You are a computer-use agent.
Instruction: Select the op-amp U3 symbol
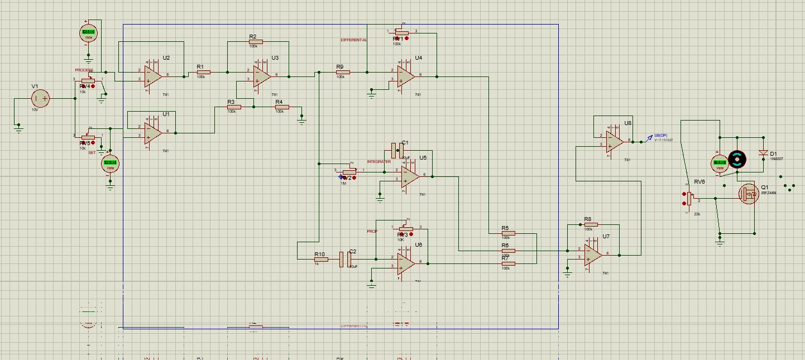click(x=261, y=75)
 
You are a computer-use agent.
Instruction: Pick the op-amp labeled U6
click(x=407, y=263)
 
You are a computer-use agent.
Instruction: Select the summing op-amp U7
click(x=593, y=255)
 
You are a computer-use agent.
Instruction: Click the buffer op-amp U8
click(x=615, y=141)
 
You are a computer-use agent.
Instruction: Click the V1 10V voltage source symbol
click(x=40, y=99)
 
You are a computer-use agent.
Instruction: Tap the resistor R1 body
click(x=203, y=72)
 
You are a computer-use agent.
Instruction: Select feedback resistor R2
click(x=256, y=42)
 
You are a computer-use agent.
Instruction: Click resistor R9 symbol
click(x=342, y=72)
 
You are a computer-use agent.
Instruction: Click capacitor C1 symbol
click(x=397, y=150)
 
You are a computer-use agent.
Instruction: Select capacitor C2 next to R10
click(x=346, y=259)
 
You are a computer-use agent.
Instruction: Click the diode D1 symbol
click(x=763, y=153)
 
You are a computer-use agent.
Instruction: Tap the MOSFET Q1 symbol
click(x=748, y=194)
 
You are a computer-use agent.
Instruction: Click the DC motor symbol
click(x=737, y=159)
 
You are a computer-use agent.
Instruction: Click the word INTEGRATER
click(x=379, y=162)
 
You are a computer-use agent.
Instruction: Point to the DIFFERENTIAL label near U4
click(x=354, y=40)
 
